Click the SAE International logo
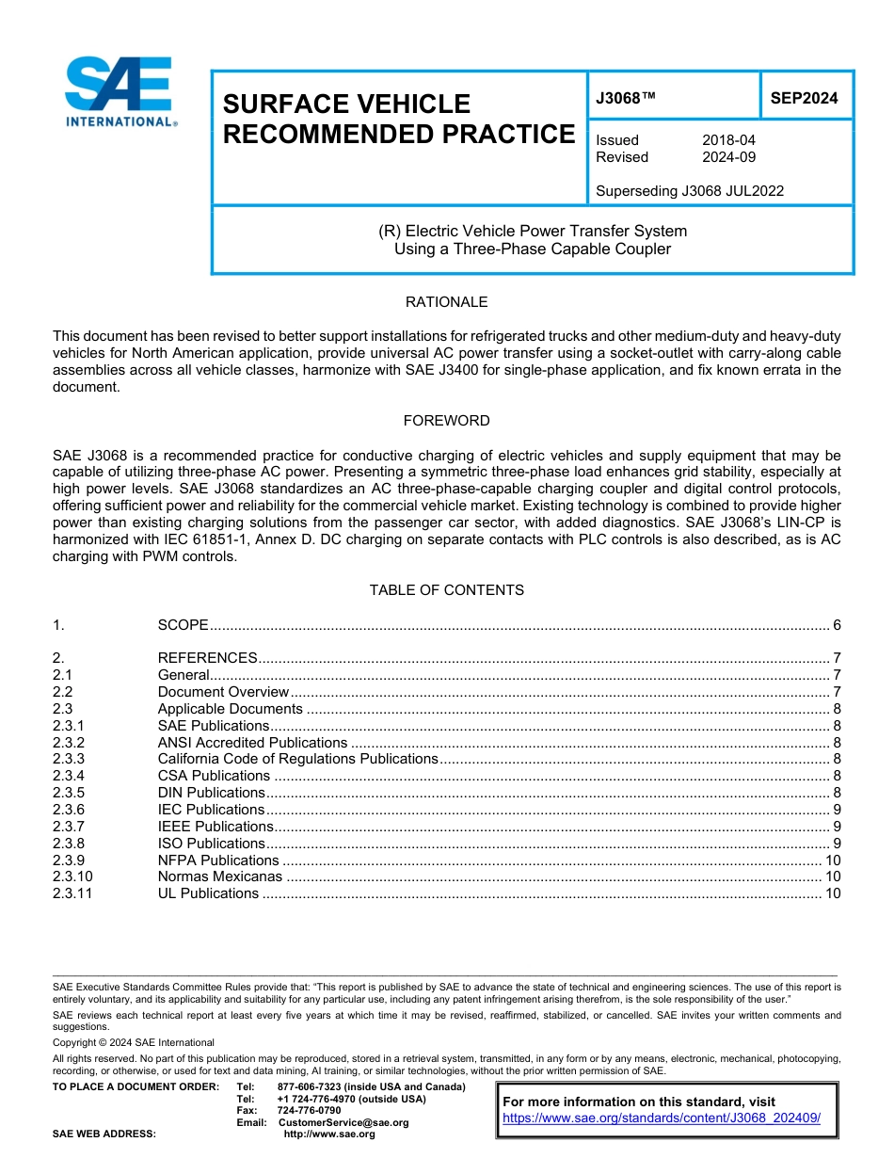[x=119, y=92]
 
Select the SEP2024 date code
[x=804, y=97]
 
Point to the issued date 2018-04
[x=728, y=140]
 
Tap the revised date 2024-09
[x=728, y=157]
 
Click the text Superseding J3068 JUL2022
[x=690, y=191]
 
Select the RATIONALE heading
[x=446, y=302]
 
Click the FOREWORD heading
[x=446, y=421]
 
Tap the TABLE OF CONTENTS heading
[x=446, y=590]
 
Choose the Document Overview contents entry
[x=223, y=692]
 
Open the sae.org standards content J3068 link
[x=662, y=1118]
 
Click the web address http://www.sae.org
[x=329, y=1134]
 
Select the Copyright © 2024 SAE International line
[x=134, y=1042]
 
